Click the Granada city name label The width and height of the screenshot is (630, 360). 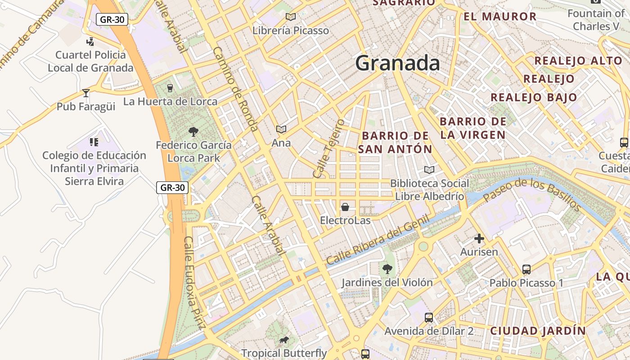click(x=397, y=63)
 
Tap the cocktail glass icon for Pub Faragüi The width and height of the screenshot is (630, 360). click(x=86, y=93)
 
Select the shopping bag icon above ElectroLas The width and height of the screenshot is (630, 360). click(x=345, y=207)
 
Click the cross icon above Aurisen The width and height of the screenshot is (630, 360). click(x=479, y=238)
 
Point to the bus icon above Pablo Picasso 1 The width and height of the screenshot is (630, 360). click(x=526, y=270)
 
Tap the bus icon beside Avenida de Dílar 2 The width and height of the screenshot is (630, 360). click(x=429, y=318)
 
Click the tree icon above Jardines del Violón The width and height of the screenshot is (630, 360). click(x=387, y=269)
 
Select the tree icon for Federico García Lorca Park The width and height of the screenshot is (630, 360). click(x=193, y=132)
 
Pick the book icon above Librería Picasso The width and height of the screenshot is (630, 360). click(x=291, y=17)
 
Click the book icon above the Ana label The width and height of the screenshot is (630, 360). click(x=281, y=130)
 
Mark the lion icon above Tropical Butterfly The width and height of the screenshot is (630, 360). click(x=283, y=340)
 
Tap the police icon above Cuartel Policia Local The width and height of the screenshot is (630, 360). click(x=90, y=41)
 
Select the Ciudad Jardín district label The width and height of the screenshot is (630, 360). click(x=538, y=331)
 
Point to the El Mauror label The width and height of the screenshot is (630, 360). click(x=500, y=17)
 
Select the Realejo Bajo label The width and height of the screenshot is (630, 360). click(x=534, y=97)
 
